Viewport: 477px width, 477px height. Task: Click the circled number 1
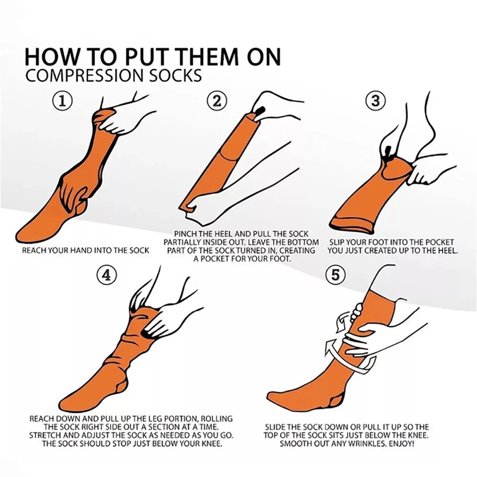pos(62,102)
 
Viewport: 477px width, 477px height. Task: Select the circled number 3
pos(375,101)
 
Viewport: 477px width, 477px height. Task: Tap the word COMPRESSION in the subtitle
pos(76,76)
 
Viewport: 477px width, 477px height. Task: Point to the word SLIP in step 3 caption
pos(338,242)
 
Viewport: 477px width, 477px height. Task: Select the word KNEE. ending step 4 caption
pos(211,444)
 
